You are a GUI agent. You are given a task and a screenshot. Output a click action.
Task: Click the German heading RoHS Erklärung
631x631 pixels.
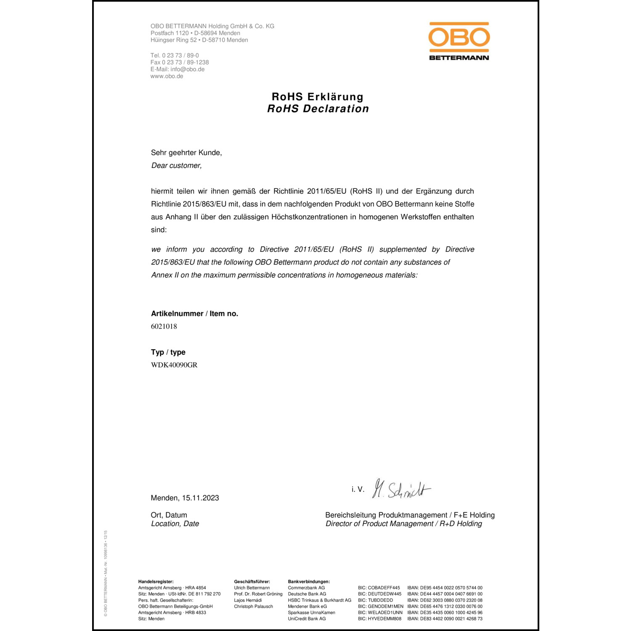pyautogui.click(x=318, y=97)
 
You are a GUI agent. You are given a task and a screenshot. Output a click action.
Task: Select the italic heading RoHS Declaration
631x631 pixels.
pyautogui.click(x=318, y=109)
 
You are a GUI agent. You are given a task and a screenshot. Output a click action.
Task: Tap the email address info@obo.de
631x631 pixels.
pyautogui.click(x=188, y=69)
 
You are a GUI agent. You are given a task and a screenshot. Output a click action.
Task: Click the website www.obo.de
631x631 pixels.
pyautogui.click(x=167, y=76)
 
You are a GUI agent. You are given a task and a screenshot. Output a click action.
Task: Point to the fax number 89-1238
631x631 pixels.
pyautogui.click(x=198, y=62)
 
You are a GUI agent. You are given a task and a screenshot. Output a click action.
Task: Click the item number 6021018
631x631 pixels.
pyautogui.click(x=164, y=326)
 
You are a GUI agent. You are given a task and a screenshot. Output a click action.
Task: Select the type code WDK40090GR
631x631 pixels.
pyautogui.click(x=174, y=365)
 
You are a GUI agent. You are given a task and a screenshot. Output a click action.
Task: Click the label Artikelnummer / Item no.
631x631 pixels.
pyautogui.click(x=194, y=314)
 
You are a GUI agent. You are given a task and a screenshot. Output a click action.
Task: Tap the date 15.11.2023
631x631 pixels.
pyautogui.click(x=200, y=498)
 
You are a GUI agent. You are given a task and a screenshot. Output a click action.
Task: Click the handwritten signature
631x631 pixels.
pyautogui.click(x=402, y=489)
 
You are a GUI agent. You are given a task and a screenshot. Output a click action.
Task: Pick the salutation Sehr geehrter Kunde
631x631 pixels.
pyautogui.click(x=186, y=153)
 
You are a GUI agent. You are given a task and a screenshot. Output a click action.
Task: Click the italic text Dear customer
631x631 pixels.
pyautogui.click(x=176, y=166)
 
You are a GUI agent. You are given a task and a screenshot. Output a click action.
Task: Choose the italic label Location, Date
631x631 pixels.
pyautogui.click(x=175, y=524)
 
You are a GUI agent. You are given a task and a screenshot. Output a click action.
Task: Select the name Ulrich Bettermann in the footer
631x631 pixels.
pyautogui.click(x=252, y=588)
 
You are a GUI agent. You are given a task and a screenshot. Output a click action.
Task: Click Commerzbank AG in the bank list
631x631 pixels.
pyautogui.click(x=306, y=588)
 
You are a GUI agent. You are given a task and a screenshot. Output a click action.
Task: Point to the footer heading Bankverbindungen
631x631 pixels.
pyautogui.click(x=309, y=582)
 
